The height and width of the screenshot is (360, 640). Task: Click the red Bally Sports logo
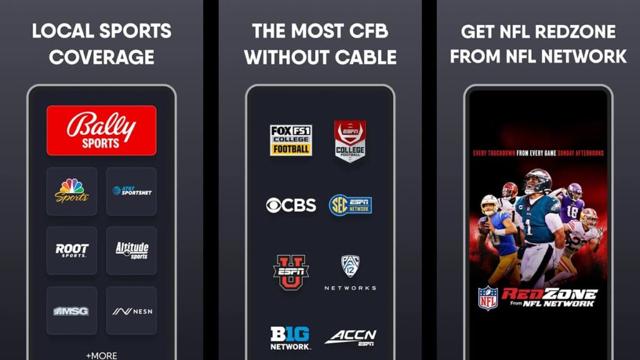click(x=101, y=130)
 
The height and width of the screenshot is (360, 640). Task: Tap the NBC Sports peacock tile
click(x=72, y=191)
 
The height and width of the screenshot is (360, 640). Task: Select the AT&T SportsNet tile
click(x=131, y=191)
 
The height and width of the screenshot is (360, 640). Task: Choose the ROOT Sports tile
click(x=72, y=251)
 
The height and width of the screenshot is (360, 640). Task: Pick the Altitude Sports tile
click(x=131, y=251)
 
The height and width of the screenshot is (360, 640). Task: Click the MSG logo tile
click(x=72, y=311)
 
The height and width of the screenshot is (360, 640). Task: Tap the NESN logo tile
click(x=131, y=311)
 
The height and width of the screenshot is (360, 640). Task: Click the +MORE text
click(x=101, y=355)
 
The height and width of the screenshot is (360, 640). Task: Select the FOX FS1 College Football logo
click(x=291, y=141)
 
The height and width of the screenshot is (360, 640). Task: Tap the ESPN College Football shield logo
click(x=350, y=141)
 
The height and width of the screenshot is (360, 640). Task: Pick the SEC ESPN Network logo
click(x=351, y=205)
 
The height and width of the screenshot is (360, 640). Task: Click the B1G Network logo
click(x=290, y=337)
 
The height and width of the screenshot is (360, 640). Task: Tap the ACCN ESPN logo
click(x=351, y=337)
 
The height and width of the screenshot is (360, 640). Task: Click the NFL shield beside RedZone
click(x=487, y=298)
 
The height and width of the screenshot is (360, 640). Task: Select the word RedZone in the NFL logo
click(x=550, y=294)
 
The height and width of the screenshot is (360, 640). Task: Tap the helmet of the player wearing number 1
click(x=537, y=182)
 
